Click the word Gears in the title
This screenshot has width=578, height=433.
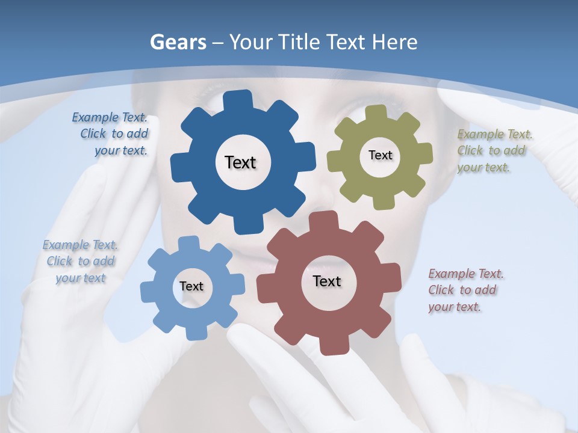point(177,42)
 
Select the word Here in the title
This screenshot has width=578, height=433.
point(394,42)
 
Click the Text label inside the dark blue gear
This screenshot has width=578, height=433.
point(240,162)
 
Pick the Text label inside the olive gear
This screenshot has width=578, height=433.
point(380,155)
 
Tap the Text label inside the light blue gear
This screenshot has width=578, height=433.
point(191,286)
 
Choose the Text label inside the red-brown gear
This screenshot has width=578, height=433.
point(327,281)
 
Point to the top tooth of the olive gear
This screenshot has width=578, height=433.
point(376,113)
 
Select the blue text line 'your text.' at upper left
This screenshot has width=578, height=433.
point(121,151)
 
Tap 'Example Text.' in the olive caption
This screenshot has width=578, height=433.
point(495,134)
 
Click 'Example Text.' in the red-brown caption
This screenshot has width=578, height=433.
point(466,274)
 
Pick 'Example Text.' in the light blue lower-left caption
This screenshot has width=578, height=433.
point(80,245)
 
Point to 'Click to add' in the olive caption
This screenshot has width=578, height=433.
point(491,150)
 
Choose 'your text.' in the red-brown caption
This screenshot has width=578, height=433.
point(455,307)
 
